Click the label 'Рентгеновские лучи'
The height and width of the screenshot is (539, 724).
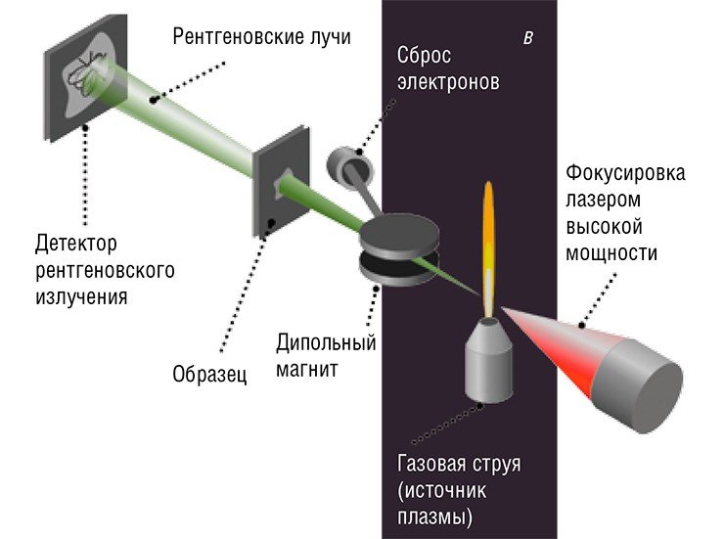click(x=262, y=37)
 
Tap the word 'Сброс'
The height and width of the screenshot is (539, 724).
click(x=424, y=57)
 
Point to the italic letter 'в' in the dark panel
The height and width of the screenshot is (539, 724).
click(x=528, y=38)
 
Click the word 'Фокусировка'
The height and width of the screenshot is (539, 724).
click(x=625, y=173)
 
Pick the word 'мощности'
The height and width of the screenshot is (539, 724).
click(x=611, y=253)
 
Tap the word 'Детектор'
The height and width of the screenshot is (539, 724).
click(x=76, y=244)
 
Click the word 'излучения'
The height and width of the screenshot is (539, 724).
click(x=82, y=297)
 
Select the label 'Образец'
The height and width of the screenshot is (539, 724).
click(x=209, y=375)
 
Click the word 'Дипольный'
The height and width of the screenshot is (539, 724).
click(x=326, y=342)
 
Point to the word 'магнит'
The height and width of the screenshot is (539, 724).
click(x=306, y=370)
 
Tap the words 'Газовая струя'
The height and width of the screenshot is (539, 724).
click(x=459, y=464)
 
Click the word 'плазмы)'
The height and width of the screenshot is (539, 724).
click(x=435, y=517)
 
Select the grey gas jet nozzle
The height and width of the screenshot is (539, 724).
click(x=489, y=360)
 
